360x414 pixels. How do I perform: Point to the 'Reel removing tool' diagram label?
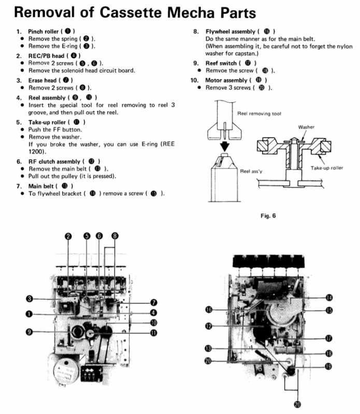pyautogui.click(x=259, y=113)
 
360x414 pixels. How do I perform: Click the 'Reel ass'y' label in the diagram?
pyautogui.click(x=252, y=170)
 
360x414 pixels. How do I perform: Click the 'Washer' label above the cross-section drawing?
pyautogui.click(x=307, y=127)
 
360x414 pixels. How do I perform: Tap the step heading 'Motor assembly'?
pyautogui.click(x=226, y=80)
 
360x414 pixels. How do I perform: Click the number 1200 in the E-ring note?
pyautogui.click(x=38, y=152)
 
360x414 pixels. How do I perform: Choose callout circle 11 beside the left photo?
pyautogui.click(x=154, y=333)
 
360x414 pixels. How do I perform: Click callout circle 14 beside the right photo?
pyautogui.click(x=329, y=298)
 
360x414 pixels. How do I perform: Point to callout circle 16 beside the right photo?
pyautogui.click(x=208, y=309)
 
